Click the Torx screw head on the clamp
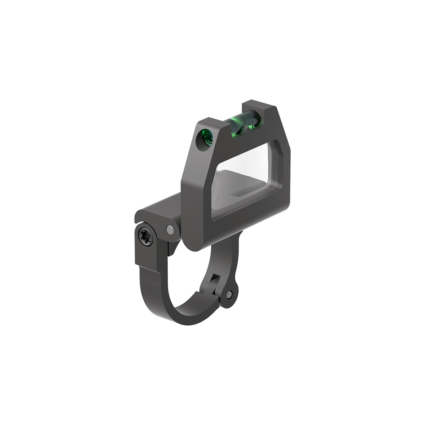click(x=145, y=237)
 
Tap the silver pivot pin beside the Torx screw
click(x=170, y=229)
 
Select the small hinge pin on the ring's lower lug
click(x=229, y=294)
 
